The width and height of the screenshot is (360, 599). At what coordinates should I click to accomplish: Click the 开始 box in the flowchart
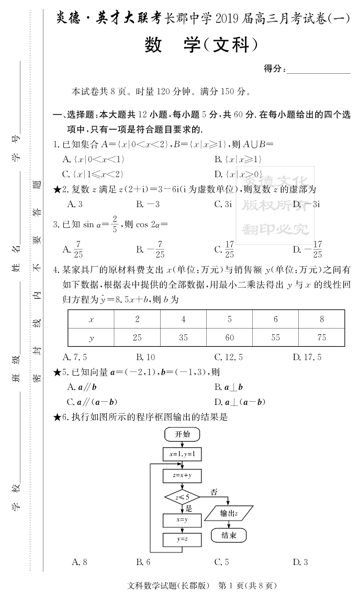pyautogui.click(x=182, y=435)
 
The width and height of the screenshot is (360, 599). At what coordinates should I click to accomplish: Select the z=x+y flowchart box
pyautogui.click(x=182, y=476)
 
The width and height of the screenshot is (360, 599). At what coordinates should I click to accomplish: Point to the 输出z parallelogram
pyautogui.click(x=229, y=514)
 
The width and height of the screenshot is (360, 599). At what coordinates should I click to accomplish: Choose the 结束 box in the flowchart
pyautogui.click(x=228, y=535)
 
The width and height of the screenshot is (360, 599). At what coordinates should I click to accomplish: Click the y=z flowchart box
pyautogui.click(x=182, y=539)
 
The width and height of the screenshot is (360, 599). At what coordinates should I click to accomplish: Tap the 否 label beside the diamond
pyautogui.click(x=214, y=492)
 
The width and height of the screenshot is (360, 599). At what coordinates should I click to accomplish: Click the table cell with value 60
pyautogui.click(x=229, y=337)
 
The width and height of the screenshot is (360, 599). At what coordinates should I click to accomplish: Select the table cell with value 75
pyautogui.click(x=322, y=337)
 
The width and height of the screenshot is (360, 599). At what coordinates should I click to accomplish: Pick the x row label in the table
pyautogui.click(x=91, y=319)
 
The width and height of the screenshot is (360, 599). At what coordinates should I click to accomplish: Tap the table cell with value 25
pyautogui.click(x=137, y=337)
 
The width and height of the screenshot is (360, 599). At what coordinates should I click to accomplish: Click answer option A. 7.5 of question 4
pyautogui.click(x=74, y=358)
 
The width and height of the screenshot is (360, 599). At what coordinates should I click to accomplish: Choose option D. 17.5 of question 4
pyautogui.click(x=307, y=358)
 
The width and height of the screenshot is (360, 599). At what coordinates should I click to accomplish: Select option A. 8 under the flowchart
pyautogui.click(x=79, y=562)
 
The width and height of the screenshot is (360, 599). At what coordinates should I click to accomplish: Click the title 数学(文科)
pyautogui.click(x=201, y=46)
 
